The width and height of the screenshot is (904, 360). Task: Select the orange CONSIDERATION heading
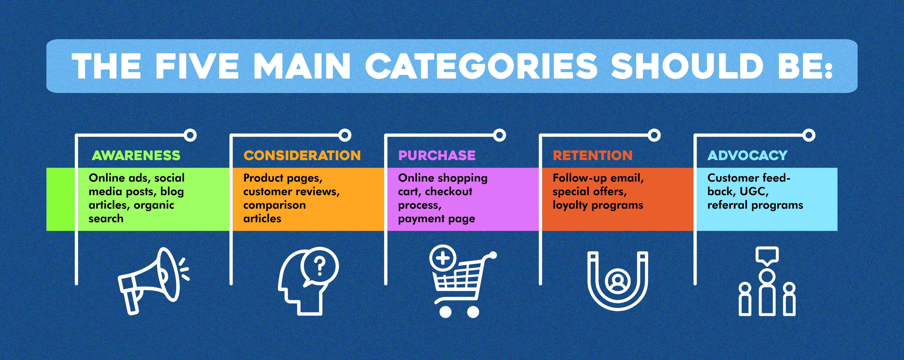pyautogui.click(x=302, y=155)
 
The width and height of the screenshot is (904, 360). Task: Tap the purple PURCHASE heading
pyautogui.click(x=437, y=155)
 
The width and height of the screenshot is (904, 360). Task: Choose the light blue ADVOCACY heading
pyautogui.click(x=748, y=155)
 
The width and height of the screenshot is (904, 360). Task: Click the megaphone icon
pyautogui.click(x=153, y=281)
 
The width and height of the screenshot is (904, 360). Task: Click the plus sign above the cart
pyautogui.click(x=443, y=259)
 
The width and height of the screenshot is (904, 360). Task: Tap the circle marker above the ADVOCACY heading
pyautogui.click(x=809, y=135)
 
